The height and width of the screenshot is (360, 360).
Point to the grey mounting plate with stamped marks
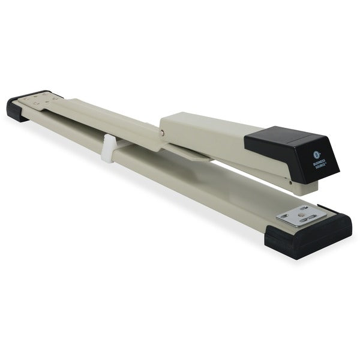(45, 104)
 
